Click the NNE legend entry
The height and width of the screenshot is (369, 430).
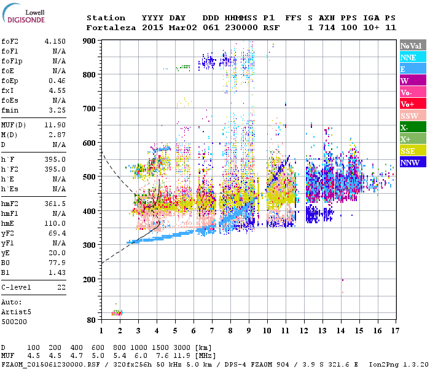coord(412,57)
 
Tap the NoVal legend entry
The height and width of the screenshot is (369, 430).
coord(412,46)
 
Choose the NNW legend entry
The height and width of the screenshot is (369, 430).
coord(412,162)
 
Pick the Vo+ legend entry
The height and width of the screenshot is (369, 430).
coord(412,104)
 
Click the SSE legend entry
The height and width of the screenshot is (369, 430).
coord(412,151)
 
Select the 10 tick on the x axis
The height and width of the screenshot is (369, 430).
coord(267,330)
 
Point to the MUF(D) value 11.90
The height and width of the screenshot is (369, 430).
coord(56,124)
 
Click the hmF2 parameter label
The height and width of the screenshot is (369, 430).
coord(10,203)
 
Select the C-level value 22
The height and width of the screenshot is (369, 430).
coord(61,287)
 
